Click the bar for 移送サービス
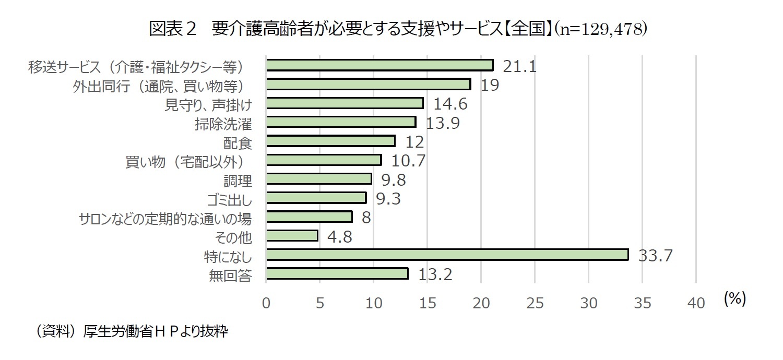[379, 65]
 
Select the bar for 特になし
[447, 255]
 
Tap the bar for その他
[292, 236]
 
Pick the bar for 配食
[330, 141]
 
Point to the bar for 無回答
[337, 274]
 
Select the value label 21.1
[520, 66]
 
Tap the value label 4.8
[340, 237]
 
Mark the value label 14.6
[450, 104]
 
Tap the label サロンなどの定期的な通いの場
[165, 218]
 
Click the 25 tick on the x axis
[535, 303]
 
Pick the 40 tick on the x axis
[696, 303]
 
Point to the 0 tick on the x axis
[266, 303]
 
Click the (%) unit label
[735, 298]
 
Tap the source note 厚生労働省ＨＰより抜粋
[156, 332]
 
